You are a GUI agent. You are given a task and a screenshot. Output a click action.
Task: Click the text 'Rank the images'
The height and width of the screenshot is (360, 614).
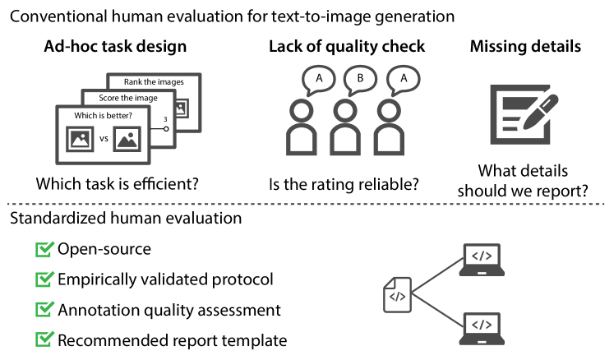(154, 81)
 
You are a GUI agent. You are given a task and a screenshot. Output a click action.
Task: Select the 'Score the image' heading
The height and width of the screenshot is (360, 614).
(127, 98)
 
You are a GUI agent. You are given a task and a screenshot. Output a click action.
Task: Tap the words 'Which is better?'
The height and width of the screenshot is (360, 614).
(103, 115)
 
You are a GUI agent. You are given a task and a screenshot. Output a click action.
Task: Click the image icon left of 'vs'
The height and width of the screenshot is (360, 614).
(81, 139)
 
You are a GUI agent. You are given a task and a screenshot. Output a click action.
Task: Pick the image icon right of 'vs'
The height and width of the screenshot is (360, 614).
(127, 139)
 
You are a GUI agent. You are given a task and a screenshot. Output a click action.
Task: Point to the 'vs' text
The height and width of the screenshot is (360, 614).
(104, 140)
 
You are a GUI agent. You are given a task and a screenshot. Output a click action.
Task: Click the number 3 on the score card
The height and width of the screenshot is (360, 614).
(165, 120)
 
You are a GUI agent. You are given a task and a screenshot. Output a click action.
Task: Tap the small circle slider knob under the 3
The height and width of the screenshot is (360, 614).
(165, 128)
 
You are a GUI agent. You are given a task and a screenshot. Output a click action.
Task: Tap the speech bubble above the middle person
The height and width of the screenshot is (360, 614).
(359, 80)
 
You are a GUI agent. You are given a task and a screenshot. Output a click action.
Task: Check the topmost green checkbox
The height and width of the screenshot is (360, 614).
(44, 249)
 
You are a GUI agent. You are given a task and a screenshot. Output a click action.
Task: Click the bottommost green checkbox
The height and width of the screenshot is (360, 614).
(44, 338)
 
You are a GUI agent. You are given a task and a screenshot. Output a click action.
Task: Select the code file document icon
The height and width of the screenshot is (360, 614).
(396, 295)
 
